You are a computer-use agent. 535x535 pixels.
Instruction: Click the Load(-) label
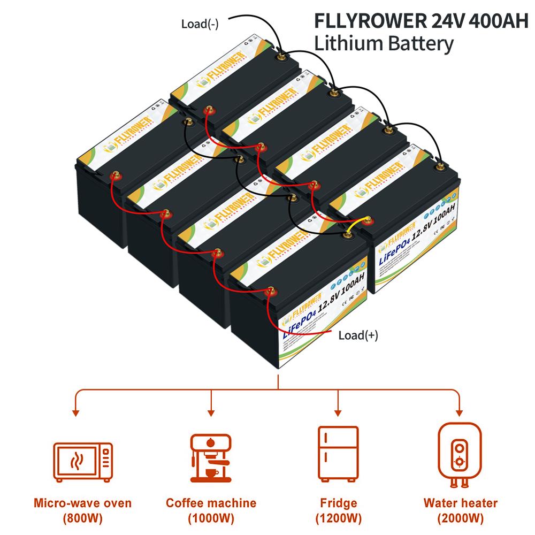click(x=200, y=24)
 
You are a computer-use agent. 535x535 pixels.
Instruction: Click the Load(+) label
click(x=358, y=335)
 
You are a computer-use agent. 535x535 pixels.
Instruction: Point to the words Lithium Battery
click(x=384, y=43)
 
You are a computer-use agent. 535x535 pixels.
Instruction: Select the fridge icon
click(x=338, y=453)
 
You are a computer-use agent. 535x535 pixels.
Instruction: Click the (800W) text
click(x=83, y=518)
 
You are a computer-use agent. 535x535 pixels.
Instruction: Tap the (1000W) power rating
click(x=211, y=518)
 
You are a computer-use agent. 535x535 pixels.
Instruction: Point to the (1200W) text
click(x=338, y=518)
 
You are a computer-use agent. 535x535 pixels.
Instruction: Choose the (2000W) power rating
click(x=460, y=518)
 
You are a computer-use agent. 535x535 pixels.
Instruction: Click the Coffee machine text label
click(x=211, y=503)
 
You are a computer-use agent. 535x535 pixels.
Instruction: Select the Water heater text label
click(x=460, y=503)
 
